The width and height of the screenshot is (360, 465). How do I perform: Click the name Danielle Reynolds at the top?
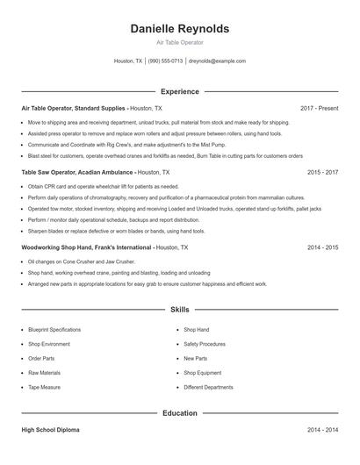coord(179,29)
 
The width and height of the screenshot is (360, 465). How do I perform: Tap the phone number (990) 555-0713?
coord(165,61)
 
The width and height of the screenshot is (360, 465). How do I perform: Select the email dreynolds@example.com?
coord(217,61)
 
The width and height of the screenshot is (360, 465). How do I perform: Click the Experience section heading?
coord(179,91)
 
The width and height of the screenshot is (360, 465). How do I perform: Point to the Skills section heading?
coord(179,310)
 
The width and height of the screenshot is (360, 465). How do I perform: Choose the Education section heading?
coord(179,412)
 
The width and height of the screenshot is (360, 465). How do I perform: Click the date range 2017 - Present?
coord(319,108)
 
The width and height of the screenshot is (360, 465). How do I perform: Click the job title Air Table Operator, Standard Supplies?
coord(74,108)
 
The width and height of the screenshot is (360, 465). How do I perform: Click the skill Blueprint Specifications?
coord(54,330)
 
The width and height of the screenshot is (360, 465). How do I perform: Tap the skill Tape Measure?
coord(44,387)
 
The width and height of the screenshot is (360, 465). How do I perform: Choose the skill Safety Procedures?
coord(205,344)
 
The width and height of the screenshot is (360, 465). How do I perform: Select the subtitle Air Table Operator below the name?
coord(179,43)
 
